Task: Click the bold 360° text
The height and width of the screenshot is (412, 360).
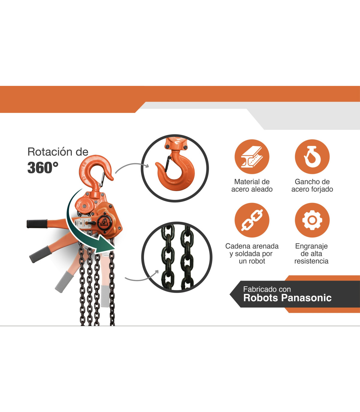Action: click(43, 168)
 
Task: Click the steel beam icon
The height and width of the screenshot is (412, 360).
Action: click(252, 157)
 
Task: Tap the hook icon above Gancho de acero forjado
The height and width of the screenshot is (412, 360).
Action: click(312, 157)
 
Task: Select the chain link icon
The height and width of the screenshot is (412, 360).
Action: click(252, 220)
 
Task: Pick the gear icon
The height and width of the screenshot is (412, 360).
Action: click(312, 220)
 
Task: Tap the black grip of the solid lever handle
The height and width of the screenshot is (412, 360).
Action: click(37, 224)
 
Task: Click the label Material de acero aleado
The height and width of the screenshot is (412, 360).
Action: click(252, 186)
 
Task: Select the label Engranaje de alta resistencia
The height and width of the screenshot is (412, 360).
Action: click(311, 253)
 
